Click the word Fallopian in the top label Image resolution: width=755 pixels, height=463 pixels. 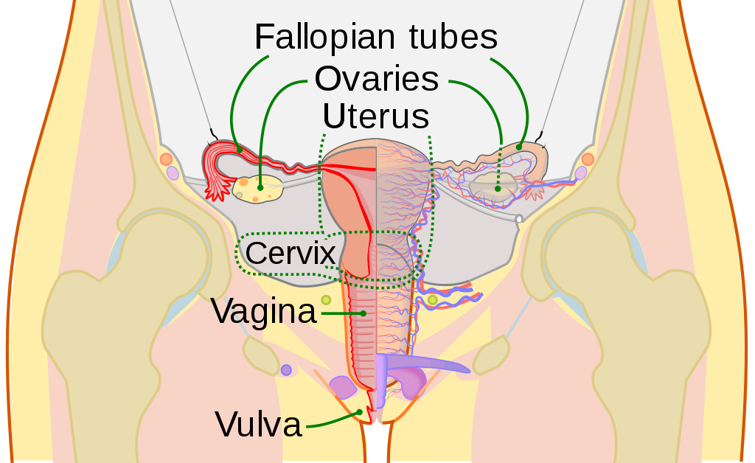pos(324,37)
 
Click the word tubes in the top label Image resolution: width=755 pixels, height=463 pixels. pos(453,37)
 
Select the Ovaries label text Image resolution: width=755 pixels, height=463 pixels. pos(377,79)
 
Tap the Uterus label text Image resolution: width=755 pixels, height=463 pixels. pos(375,116)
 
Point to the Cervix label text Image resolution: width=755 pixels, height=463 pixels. pos(290,253)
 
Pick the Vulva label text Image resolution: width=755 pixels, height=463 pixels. pos(258,424)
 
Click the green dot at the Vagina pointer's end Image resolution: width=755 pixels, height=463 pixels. pos(363,313)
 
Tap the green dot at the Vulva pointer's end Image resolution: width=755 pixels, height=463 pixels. pos(359,412)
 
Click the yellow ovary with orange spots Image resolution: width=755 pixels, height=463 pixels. pos(257,189)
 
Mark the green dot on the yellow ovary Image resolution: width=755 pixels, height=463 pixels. pos(260,188)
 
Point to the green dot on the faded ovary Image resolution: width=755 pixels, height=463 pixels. pos(498,189)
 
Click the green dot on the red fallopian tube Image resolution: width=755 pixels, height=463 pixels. pos(240,150)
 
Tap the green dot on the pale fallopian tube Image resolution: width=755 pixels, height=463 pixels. pos(519,147)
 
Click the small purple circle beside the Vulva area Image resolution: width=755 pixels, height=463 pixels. pos(286,370)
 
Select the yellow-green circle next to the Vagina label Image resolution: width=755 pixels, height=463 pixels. pos(326,300)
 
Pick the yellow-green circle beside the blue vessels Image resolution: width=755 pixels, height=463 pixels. pos(432,300)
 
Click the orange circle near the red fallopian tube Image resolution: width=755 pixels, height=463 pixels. pos(166,159)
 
